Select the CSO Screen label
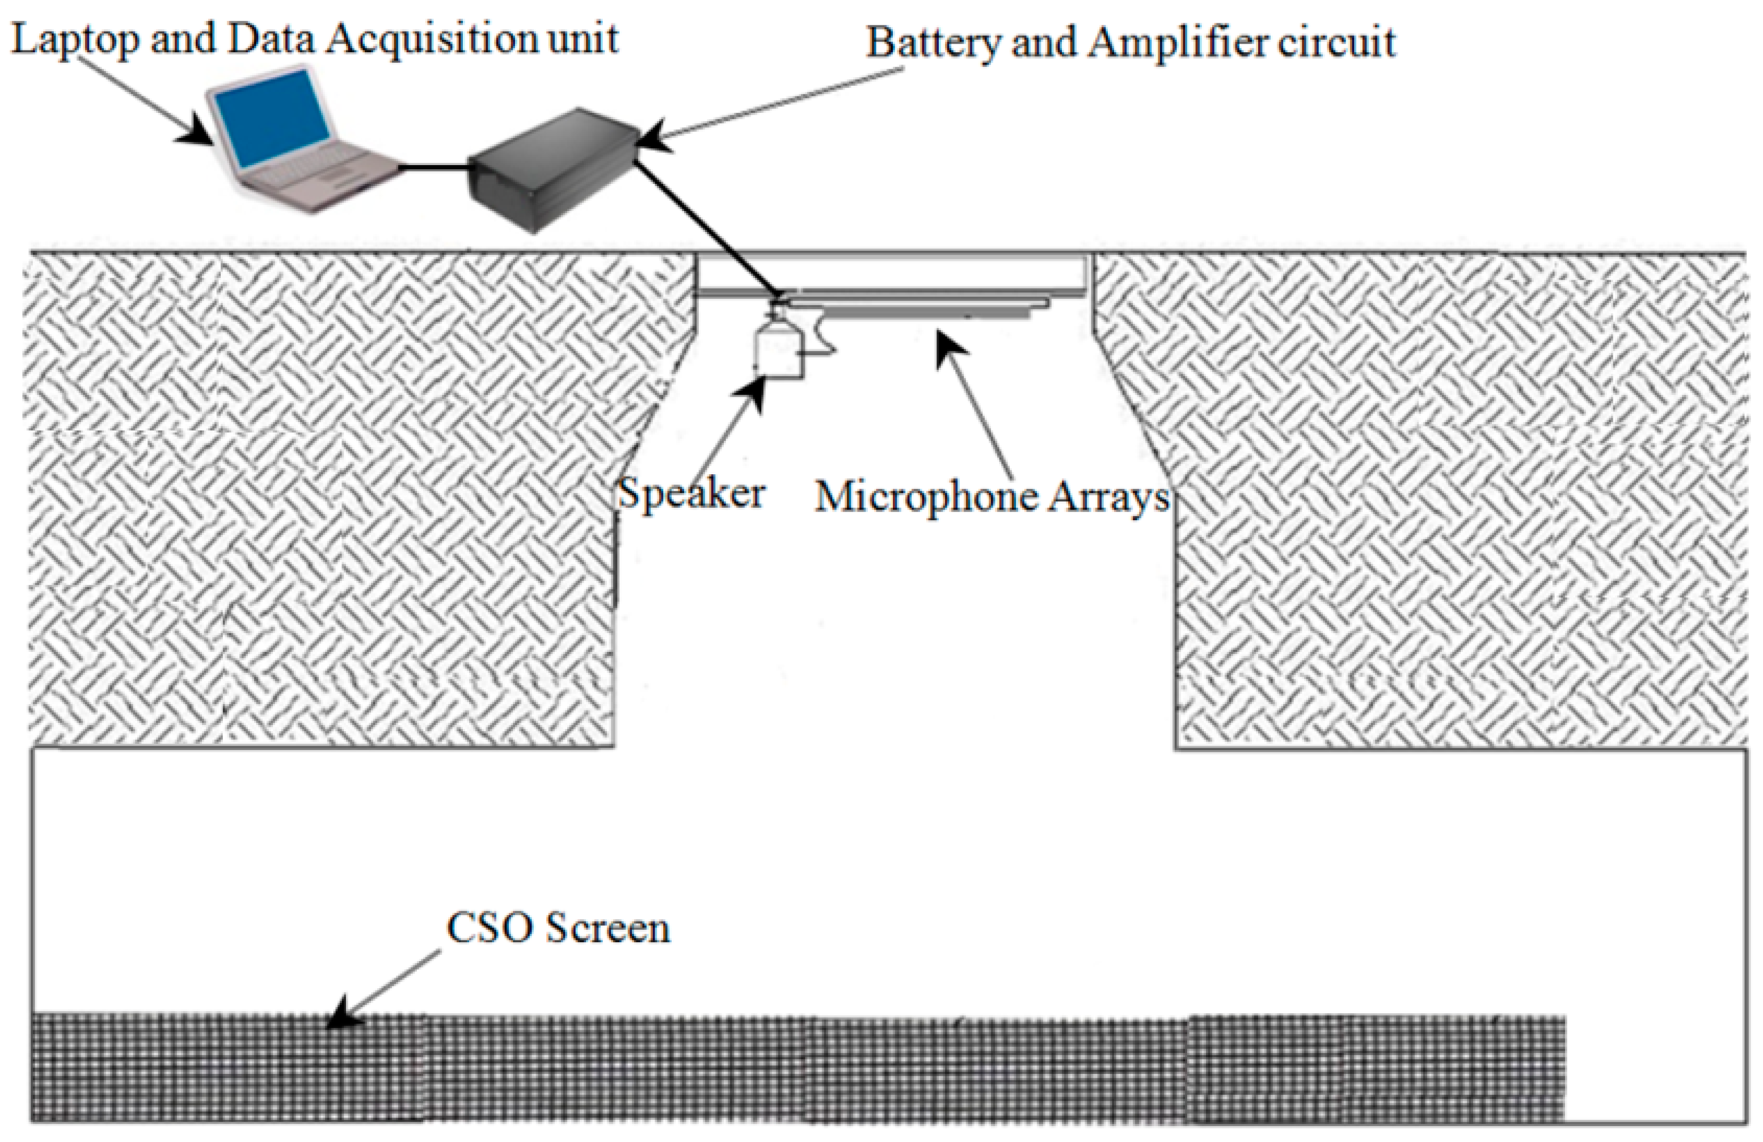[559, 928]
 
